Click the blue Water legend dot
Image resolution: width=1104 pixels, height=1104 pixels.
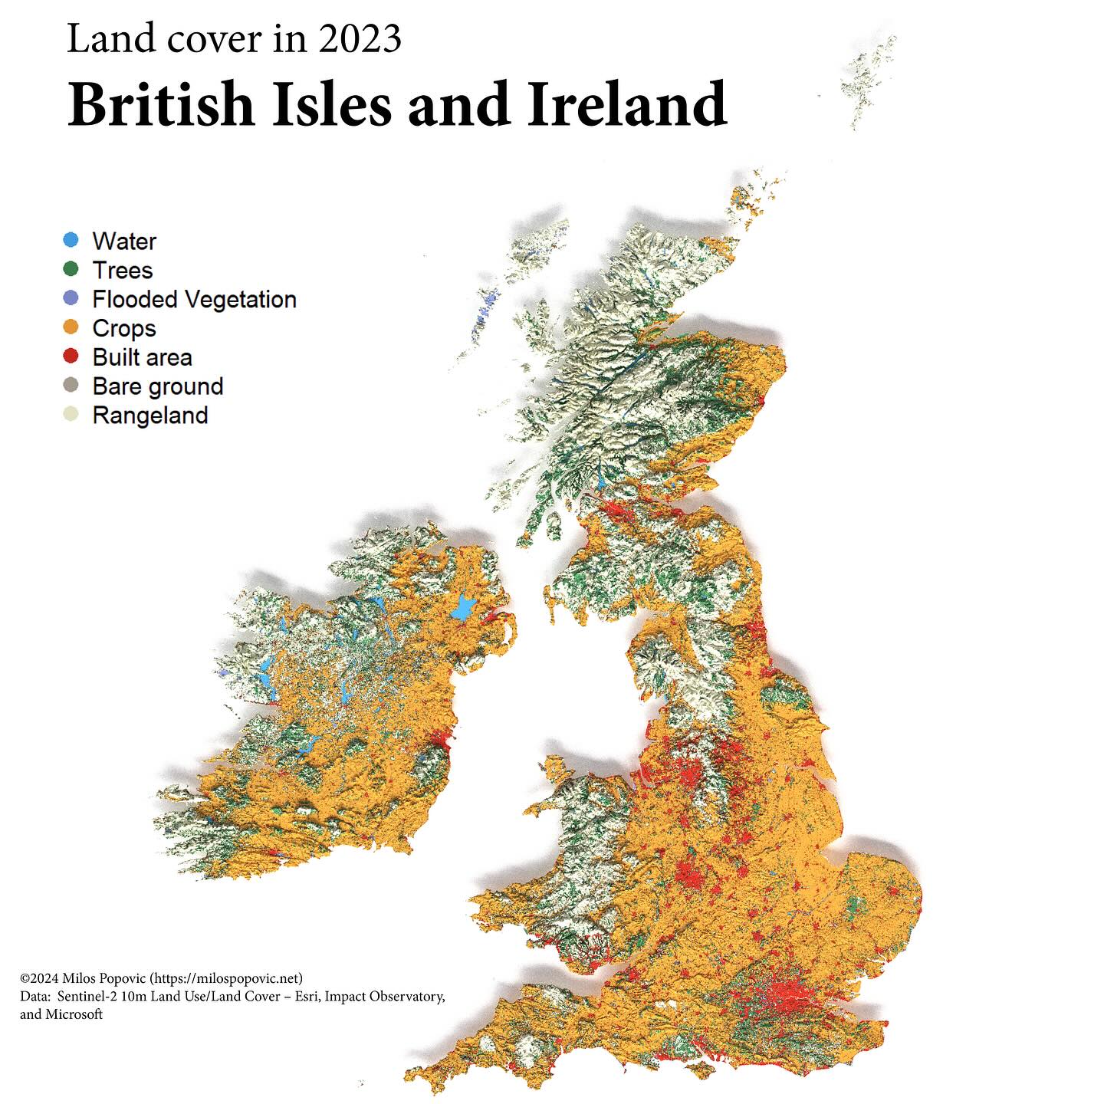coord(71,240)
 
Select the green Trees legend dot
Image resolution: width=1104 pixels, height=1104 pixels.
coord(71,269)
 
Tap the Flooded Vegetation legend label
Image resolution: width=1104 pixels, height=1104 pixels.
coord(194,299)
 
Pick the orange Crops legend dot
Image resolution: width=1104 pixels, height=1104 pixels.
coord(71,327)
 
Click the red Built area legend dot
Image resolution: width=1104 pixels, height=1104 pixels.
coord(71,356)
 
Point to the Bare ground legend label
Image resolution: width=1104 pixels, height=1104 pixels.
coord(157,386)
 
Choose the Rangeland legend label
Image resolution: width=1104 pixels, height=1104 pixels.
coord(149,416)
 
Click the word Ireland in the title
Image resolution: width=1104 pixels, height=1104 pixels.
coord(626,104)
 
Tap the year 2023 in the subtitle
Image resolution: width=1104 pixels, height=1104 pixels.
coord(360,38)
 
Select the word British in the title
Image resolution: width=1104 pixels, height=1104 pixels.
coord(161,104)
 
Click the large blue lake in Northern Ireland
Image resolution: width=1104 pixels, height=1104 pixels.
coord(462,609)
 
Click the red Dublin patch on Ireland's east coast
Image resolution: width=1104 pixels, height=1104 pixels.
coord(439,740)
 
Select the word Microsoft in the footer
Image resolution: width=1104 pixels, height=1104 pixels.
coord(74,1014)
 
